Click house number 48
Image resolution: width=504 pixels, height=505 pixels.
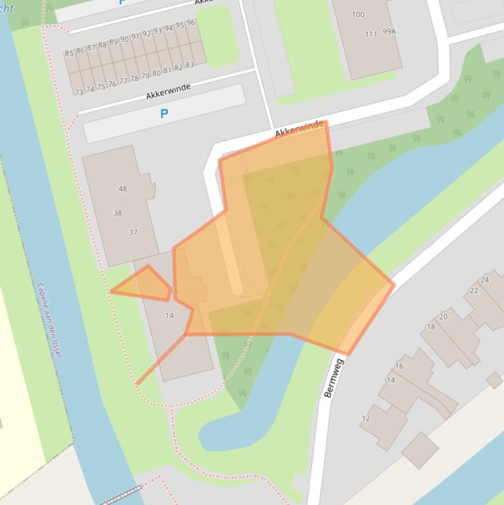pyautogui.click(x=123, y=189)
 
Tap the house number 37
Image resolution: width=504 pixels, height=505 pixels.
pyautogui.click(x=133, y=232)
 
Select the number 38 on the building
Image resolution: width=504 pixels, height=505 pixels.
pyautogui.click(x=117, y=213)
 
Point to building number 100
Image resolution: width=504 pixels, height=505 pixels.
pyautogui.click(x=358, y=14)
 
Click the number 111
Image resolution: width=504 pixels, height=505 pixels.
pyautogui.click(x=371, y=34)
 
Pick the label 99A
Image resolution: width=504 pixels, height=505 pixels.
pyautogui.click(x=389, y=31)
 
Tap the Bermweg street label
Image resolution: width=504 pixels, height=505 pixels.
pyautogui.click(x=333, y=378)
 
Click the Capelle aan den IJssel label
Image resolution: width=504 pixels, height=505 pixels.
pyautogui.click(x=49, y=320)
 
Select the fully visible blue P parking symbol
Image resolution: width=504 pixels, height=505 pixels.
pyautogui.click(x=164, y=113)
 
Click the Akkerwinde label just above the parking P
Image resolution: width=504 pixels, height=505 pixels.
pyautogui.click(x=168, y=91)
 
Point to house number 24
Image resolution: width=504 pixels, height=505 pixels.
pyautogui.click(x=484, y=280)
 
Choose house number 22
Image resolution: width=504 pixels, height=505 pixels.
pyautogui.click(x=473, y=291)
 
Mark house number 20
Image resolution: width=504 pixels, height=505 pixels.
pyautogui.click(x=443, y=317)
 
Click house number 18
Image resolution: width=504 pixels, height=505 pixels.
pyautogui.click(x=431, y=327)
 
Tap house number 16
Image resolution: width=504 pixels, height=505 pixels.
pyautogui.click(x=399, y=366)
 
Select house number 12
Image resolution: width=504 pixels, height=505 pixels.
pyautogui.click(x=365, y=418)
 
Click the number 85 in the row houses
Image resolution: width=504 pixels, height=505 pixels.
pyautogui.click(x=69, y=53)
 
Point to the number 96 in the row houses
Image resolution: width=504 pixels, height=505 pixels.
pyautogui.click(x=191, y=23)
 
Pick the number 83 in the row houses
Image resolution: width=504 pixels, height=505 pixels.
pyautogui.click(x=189, y=65)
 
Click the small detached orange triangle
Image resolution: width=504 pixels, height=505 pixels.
pyautogui.click(x=143, y=284)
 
